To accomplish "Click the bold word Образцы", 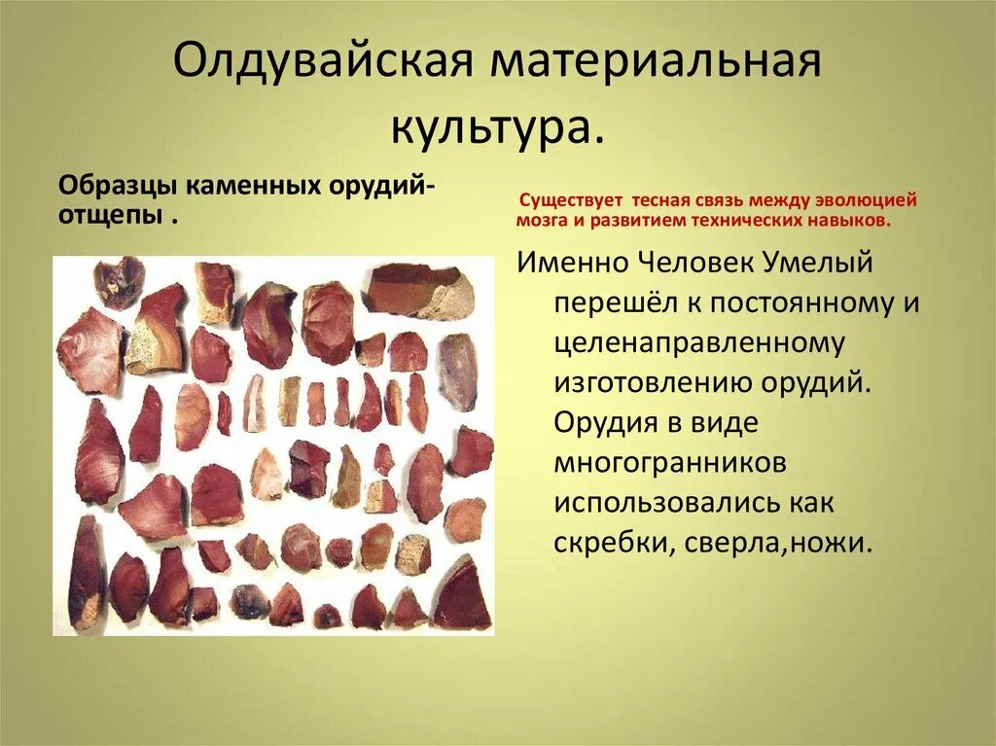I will coord(117,185).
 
